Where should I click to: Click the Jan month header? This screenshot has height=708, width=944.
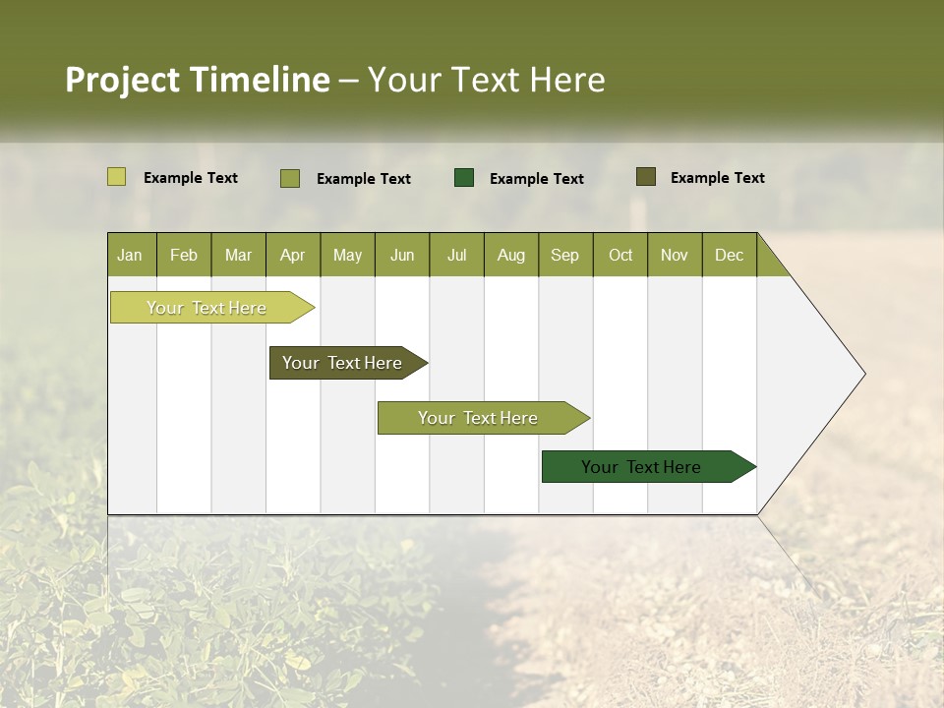131,255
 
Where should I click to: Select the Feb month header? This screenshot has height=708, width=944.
184,255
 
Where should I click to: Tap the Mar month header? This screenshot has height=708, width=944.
238,255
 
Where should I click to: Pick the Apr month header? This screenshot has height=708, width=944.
293,255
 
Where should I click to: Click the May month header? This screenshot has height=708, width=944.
347,255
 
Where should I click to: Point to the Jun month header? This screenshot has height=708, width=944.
402,255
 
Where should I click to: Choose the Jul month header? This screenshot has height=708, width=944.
456,255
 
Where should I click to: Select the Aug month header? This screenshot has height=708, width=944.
511,255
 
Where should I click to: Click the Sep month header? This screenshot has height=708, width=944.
565,255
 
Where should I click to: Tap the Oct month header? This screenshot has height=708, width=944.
620,255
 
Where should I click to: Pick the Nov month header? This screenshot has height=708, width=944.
675,255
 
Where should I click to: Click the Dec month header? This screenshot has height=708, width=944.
730,255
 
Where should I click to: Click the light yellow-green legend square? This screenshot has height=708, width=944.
117,177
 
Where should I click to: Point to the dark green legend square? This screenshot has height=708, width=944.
464,177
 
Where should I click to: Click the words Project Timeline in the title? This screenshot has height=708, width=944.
198,80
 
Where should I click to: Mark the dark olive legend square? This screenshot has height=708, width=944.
645,177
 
